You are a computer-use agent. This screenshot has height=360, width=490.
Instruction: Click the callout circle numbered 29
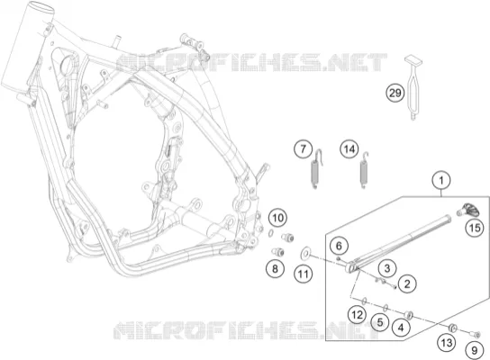coord(395,93)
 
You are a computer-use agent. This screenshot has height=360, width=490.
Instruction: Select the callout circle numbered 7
coord(304,148)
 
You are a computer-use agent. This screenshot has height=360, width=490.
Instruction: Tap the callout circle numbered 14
coord(349,149)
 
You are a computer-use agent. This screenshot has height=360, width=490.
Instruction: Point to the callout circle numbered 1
coord(441,181)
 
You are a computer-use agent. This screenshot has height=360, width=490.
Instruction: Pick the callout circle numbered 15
coord(475,228)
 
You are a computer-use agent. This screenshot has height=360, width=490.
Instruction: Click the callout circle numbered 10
coord(278,218)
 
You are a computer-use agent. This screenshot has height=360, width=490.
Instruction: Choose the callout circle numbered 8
coord(275,268)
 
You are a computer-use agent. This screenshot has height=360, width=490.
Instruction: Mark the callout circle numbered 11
coord(304,274)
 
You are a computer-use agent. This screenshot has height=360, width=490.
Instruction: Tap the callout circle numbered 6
coord(339,246)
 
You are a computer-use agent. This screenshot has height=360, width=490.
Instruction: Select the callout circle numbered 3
coord(387,268)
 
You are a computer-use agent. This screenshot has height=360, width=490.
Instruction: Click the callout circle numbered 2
coord(407,283)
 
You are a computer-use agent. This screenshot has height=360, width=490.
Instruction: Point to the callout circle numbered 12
coord(358,314)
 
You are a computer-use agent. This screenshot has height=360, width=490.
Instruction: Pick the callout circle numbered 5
coord(380,322)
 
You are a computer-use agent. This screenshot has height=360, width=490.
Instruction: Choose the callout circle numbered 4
coord(401,328)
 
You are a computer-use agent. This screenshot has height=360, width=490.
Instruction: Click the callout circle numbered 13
coord(447,343)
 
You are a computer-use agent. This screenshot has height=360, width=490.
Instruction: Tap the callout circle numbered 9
coord(475,350)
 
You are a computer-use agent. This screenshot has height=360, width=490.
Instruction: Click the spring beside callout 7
coord(315,169)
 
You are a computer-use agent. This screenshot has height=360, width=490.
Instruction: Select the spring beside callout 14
coord(364,170)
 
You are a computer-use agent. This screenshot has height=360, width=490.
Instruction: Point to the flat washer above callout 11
coord(305,254)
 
